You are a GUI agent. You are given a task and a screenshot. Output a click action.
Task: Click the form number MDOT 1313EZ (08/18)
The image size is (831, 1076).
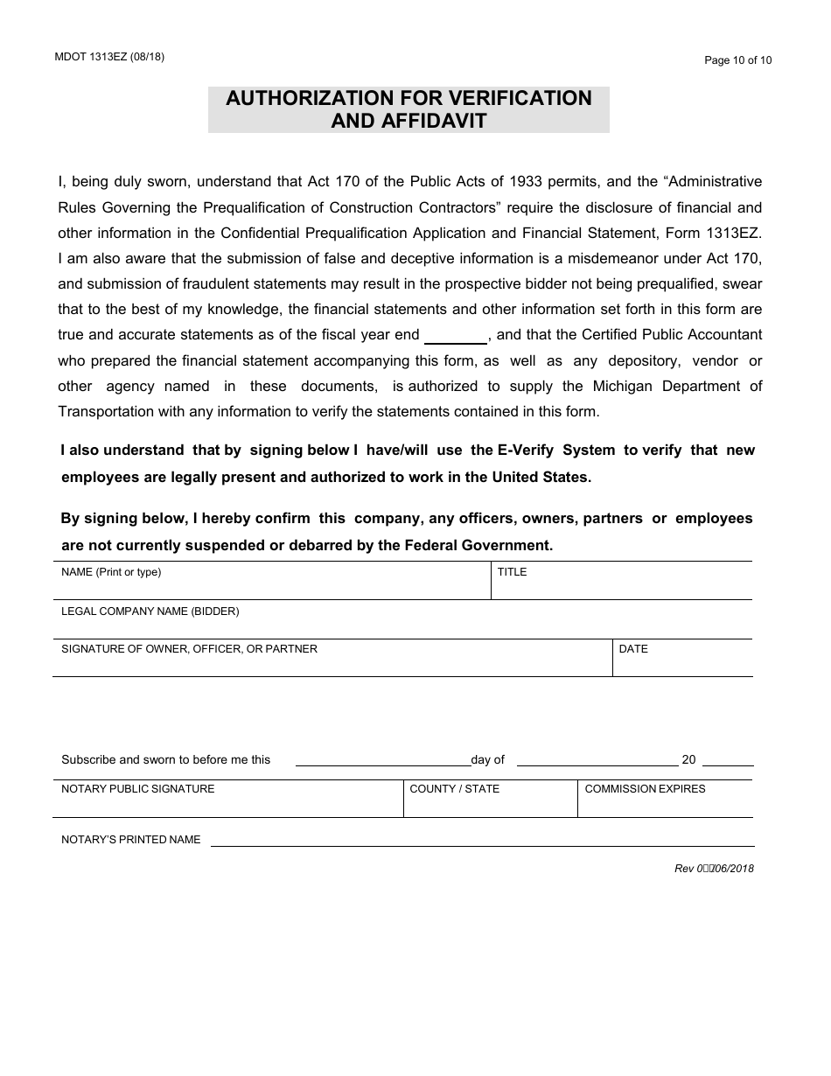click(x=108, y=57)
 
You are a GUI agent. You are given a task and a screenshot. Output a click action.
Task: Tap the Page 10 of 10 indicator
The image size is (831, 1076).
click(x=738, y=60)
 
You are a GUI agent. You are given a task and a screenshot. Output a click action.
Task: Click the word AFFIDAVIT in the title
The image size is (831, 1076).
click(x=409, y=121)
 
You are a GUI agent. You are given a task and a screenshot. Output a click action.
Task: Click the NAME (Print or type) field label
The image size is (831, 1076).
click(x=111, y=572)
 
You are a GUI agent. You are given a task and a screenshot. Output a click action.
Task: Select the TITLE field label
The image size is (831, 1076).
click(x=512, y=572)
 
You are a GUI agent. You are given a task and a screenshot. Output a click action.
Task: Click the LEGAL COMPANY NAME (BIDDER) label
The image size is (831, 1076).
click(x=150, y=611)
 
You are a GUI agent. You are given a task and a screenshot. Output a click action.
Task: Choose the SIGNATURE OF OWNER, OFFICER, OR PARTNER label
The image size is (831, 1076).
click(x=189, y=649)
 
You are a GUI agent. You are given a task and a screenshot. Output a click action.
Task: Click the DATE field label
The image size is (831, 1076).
click(x=633, y=649)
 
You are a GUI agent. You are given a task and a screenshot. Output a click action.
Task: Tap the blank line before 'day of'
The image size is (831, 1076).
click(x=382, y=761)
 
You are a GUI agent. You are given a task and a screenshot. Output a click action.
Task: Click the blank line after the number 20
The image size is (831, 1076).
click(x=727, y=761)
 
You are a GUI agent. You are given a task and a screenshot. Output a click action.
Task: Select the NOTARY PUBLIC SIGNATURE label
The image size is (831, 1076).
click(x=137, y=789)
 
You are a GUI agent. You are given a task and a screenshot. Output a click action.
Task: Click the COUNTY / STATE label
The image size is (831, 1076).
click(x=454, y=789)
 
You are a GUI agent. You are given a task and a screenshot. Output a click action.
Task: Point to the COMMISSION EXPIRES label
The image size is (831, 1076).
click(x=645, y=789)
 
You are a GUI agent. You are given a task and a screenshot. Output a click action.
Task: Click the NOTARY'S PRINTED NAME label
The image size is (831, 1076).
click(x=130, y=840)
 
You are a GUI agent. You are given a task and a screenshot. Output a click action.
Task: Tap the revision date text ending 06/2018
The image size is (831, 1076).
click(x=714, y=869)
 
